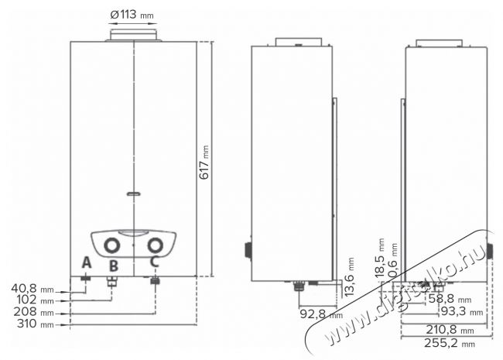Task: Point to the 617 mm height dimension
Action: (205, 162)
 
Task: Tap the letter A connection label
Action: (86, 263)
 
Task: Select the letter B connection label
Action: (113, 266)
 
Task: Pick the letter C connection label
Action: (155, 262)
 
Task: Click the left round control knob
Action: (113, 246)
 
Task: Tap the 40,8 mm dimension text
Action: (30, 288)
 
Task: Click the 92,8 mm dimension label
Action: (318, 314)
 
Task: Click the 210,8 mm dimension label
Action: (450, 328)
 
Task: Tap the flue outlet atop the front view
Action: (133, 35)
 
